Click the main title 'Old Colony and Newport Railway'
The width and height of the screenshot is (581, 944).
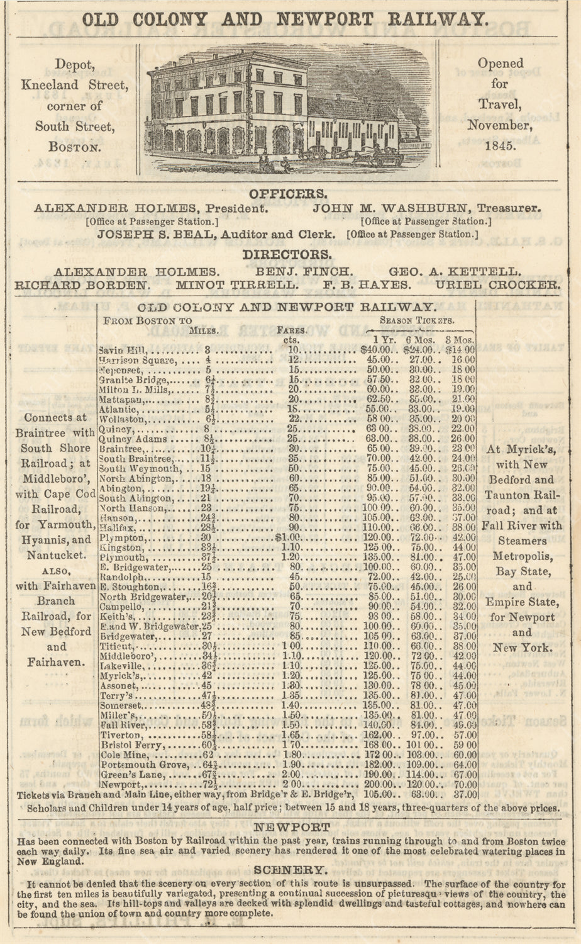click(290, 19)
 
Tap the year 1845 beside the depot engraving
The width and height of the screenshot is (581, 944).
click(500, 146)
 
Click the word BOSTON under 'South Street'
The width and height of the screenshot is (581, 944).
click(75, 147)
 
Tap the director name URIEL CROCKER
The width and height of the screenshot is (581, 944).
click(497, 284)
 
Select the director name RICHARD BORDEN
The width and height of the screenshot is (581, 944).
click(82, 284)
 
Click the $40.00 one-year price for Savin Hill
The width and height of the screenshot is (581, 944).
click(377, 350)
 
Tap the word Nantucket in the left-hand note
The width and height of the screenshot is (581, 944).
click(56, 556)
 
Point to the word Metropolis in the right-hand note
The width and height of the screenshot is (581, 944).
click(523, 556)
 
